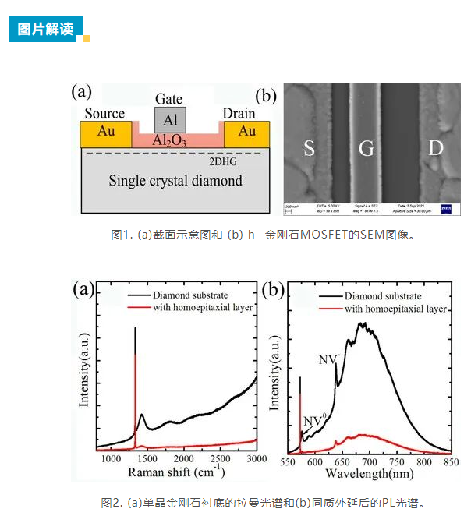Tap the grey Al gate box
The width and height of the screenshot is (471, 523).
[x=170, y=119]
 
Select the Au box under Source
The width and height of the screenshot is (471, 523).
[x=106, y=133]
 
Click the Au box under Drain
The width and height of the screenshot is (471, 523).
[x=247, y=133]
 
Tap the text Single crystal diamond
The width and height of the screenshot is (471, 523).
[x=175, y=181]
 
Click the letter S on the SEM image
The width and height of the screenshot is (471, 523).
[x=309, y=149]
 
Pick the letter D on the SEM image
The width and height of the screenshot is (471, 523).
[x=435, y=149]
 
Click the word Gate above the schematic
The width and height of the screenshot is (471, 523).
[x=169, y=99]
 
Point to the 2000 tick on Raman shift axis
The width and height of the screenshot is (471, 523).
[x=185, y=460]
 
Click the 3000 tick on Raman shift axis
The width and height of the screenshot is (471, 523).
[x=257, y=460]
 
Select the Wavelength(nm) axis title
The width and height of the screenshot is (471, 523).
[x=370, y=473]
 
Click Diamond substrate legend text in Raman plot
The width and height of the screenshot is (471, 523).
[x=191, y=295]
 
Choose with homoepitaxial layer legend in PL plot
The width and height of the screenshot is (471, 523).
[x=395, y=309]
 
